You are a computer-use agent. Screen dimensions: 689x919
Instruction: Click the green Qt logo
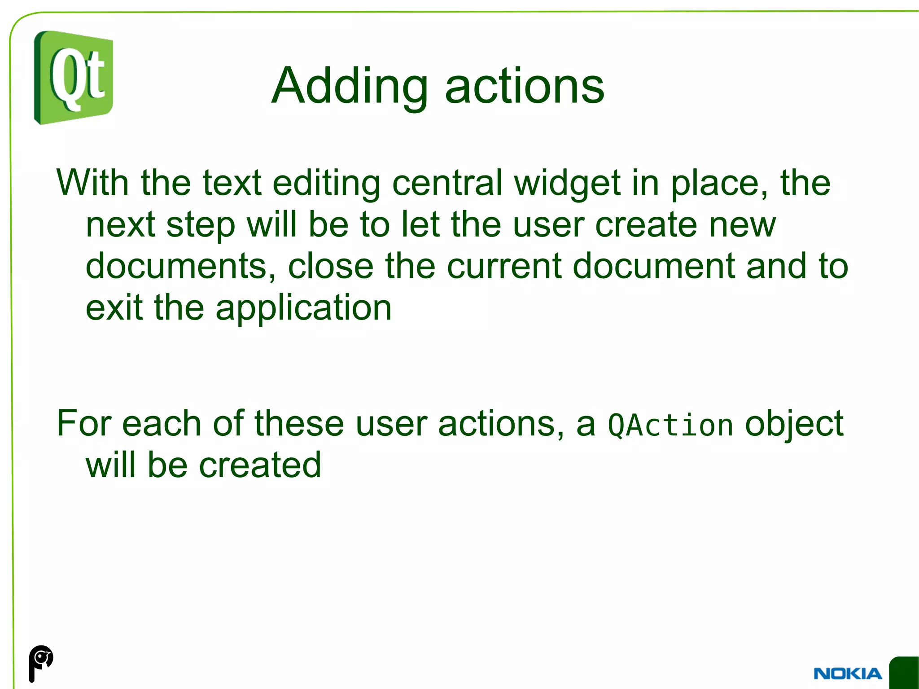click(x=74, y=78)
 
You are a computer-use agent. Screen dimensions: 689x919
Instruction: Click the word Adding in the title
click(x=350, y=86)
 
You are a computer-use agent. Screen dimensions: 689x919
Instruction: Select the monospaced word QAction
click(x=670, y=426)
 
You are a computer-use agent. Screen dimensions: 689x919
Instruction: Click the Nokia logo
click(x=847, y=674)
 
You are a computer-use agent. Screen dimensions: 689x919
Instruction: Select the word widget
click(x=567, y=184)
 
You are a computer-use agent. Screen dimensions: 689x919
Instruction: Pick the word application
click(x=303, y=309)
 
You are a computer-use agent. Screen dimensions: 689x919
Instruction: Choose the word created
click(x=260, y=465)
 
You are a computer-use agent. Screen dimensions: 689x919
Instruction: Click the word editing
click(x=326, y=184)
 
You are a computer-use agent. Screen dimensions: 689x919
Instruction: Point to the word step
click(x=201, y=226)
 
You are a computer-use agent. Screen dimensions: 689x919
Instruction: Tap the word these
click(x=299, y=423)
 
